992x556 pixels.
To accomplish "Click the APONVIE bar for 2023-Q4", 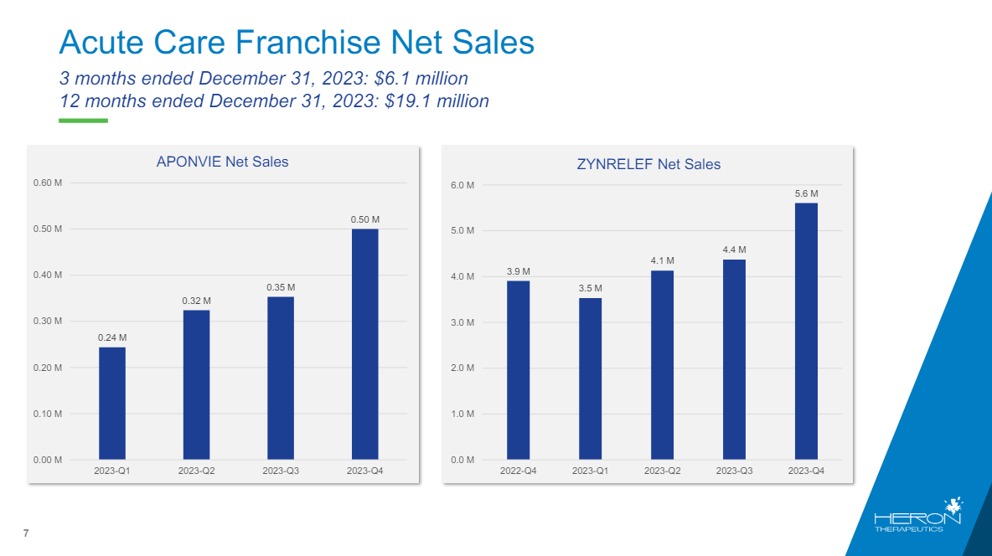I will [x=364, y=343].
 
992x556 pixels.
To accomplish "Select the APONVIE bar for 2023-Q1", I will [x=112, y=403].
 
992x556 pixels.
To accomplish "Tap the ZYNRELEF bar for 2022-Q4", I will [x=518, y=370].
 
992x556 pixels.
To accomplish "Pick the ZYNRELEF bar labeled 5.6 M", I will [x=806, y=331].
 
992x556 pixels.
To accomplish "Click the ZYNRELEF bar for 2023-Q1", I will [x=590, y=378].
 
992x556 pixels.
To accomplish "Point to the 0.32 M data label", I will [x=196, y=301].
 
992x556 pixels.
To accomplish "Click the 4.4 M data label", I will [x=734, y=250].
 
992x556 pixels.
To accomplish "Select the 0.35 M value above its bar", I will [x=281, y=287].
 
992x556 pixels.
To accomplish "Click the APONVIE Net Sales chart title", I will [x=222, y=162].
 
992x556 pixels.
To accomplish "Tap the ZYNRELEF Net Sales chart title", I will [x=648, y=165].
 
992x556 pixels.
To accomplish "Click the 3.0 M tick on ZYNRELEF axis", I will [x=462, y=322].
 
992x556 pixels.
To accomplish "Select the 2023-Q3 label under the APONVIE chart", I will [x=281, y=471].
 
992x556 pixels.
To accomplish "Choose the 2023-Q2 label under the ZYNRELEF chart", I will [x=662, y=471].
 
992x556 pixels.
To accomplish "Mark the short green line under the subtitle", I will [x=83, y=121].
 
